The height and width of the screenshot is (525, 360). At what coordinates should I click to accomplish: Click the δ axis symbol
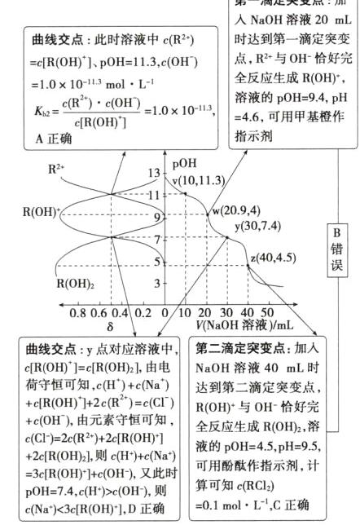tap(111, 325)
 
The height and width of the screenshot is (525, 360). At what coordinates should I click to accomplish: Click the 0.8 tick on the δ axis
tap(78, 312)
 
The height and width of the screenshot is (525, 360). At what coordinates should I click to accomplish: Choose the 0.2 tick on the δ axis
tap(143, 312)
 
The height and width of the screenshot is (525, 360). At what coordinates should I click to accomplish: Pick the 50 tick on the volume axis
tap(267, 312)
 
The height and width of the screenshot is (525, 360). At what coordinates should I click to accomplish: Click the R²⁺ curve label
tap(57, 170)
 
